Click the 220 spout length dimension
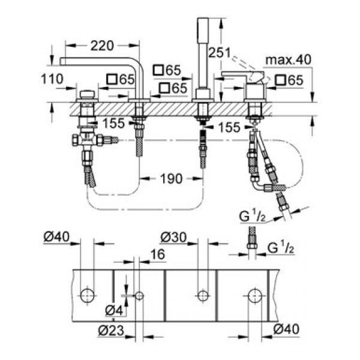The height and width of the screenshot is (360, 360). coord(102,46)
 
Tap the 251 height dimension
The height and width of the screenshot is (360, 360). coord(219,53)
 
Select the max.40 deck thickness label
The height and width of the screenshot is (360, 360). coord(288,59)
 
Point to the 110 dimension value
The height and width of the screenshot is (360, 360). coord(52,79)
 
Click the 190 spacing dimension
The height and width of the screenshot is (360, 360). coord(172,179)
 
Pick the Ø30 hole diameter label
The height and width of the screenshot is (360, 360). coord(173,237)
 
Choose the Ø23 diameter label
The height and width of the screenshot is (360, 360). coord(111,331)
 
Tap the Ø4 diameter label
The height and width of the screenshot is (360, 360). coord(114,311)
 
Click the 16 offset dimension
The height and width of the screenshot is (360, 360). coord(157,254)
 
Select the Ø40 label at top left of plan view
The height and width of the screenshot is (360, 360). coord(56,236)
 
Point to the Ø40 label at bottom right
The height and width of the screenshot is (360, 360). coord(286,329)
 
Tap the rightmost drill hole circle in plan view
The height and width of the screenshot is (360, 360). coord(256,296)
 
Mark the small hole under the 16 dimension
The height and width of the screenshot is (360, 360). coord(139,296)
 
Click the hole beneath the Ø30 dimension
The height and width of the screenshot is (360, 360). coord(203,296)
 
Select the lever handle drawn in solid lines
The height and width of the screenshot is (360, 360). coord(242,77)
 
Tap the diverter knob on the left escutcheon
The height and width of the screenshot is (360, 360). coord(87,94)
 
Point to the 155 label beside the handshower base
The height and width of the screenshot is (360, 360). coord(229,127)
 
